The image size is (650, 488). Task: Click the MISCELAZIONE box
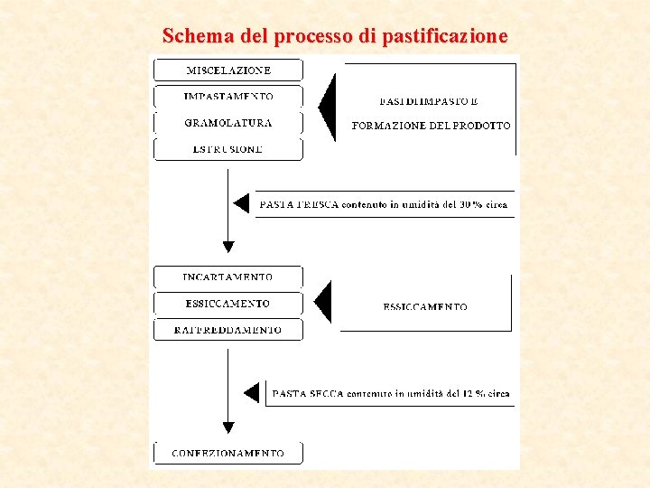(228, 70)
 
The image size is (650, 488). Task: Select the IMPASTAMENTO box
(228, 96)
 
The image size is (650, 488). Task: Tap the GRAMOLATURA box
(228, 123)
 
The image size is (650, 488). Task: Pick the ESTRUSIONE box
(228, 149)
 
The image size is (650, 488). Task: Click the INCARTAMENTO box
(228, 277)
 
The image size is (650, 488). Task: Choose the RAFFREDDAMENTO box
(228, 330)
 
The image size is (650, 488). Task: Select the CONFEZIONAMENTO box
(228, 453)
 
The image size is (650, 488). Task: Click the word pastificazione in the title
(445, 37)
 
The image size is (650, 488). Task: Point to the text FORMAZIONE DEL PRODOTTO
(431, 126)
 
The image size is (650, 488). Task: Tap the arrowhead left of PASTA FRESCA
(241, 203)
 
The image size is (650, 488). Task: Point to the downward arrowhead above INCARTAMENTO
(228, 246)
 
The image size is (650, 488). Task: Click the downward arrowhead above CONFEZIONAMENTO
(228, 427)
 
